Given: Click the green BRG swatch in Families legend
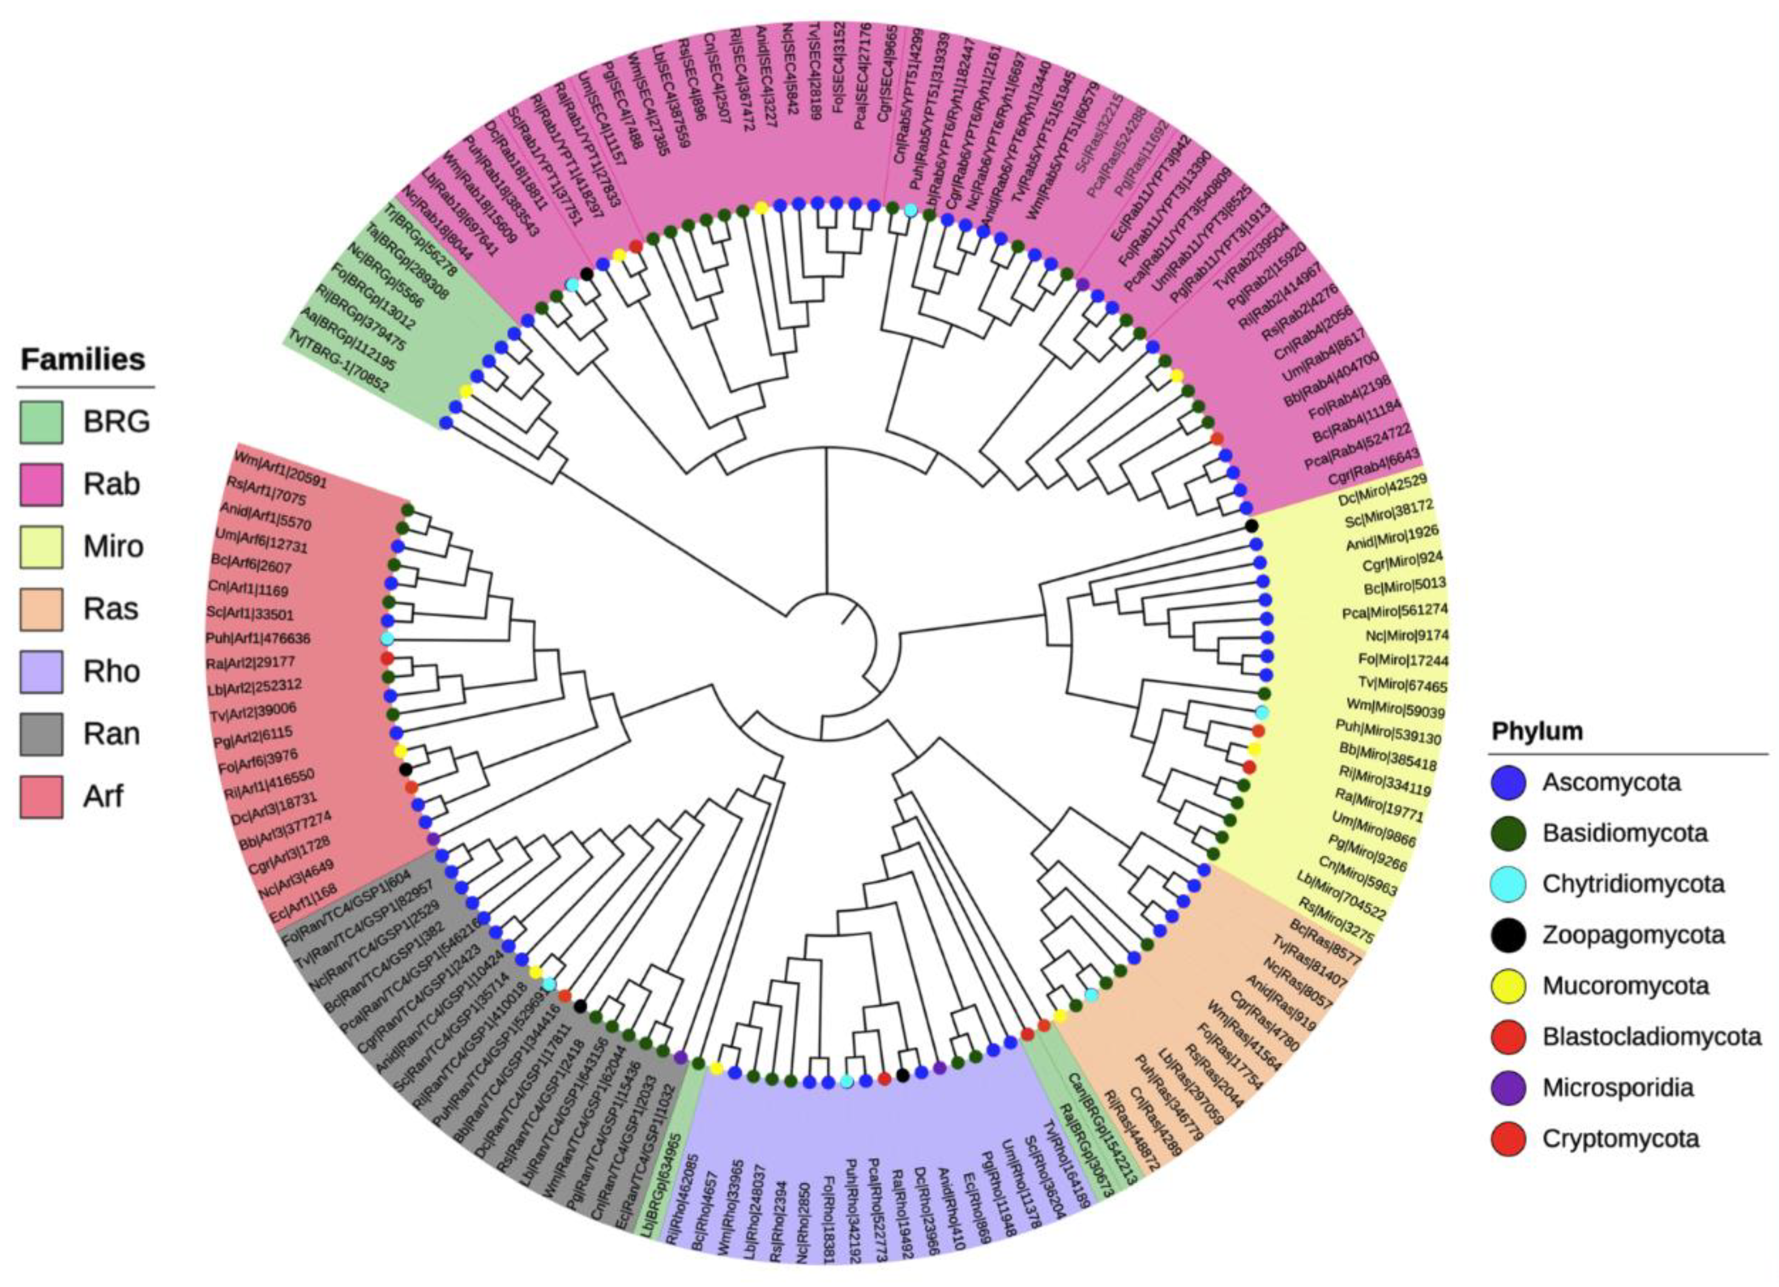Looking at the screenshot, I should [41, 422].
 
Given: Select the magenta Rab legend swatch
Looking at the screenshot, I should [41, 484].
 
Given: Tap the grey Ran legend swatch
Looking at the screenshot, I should [41, 734].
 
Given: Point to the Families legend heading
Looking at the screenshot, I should [83, 359].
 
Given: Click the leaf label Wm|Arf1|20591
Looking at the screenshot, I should [281, 468].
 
